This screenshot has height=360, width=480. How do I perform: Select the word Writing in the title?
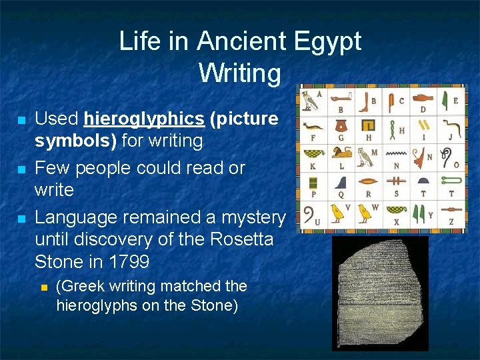240,73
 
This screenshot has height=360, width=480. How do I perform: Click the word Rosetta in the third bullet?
237,239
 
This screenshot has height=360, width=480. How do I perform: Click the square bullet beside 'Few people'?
21,169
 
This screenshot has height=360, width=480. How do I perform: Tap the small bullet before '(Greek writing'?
43,287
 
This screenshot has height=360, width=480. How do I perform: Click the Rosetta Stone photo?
380,293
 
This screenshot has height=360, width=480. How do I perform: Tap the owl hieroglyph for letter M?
365,157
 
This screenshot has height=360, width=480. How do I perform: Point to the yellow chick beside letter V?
338,212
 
